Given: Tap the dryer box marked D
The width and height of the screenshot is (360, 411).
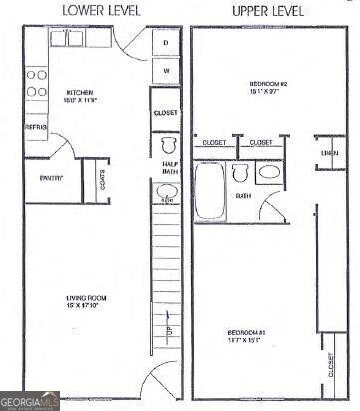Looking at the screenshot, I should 166,43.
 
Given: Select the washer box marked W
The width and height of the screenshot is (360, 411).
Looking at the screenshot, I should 166,72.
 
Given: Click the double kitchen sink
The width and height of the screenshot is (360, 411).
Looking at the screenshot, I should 67,39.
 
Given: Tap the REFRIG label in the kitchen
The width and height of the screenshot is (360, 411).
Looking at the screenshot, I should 36,128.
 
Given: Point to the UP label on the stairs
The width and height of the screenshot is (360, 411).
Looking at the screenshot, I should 167,330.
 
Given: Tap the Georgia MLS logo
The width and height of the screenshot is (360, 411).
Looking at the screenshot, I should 30,402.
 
